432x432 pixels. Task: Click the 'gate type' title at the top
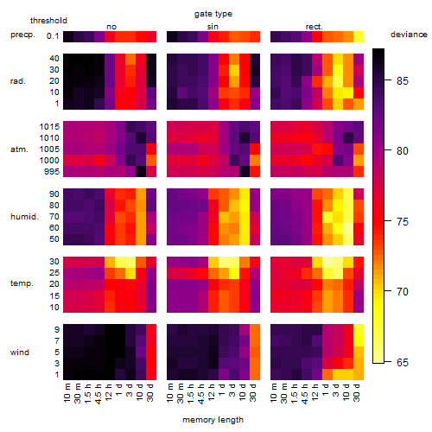[213, 14]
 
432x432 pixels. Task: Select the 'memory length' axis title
[213, 420]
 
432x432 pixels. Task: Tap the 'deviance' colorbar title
[409, 35]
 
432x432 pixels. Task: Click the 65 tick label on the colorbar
[403, 362]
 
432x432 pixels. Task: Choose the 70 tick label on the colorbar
[403, 292]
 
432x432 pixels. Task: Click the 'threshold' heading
[48, 21]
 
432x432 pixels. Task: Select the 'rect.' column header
[314, 27]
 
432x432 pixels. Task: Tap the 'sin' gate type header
[213, 27]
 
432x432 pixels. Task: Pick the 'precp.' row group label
[22, 35]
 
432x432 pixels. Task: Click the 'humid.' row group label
[24, 216]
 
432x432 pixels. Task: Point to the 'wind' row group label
[20, 353]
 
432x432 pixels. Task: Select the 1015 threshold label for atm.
[49, 127]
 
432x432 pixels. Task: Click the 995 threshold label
[52, 172]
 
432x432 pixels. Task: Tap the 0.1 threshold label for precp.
[53, 36]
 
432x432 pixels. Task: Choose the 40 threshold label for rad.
[54, 59]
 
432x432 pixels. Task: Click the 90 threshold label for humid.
[54, 194]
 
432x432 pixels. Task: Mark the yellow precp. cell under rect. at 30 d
[359, 36]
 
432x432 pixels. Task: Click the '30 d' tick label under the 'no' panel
[150, 392]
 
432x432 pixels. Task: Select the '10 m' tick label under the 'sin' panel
[170, 393]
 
